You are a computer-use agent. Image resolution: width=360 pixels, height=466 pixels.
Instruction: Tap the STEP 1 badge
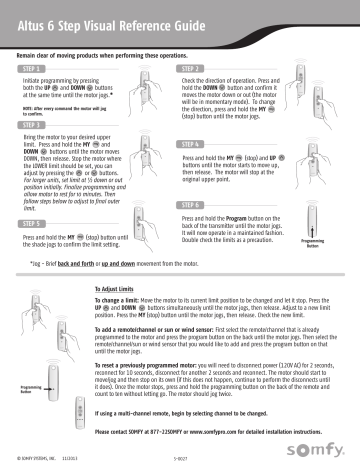tap(37, 69)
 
